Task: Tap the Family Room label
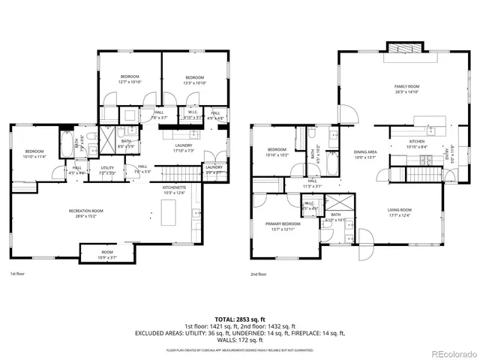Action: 407,87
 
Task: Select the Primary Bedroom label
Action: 282,224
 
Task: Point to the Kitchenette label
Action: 175,189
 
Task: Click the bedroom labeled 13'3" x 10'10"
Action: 194,78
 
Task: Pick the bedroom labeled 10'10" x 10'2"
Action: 277,149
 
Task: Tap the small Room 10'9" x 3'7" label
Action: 107,253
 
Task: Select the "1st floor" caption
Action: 19,274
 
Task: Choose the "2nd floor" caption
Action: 259,274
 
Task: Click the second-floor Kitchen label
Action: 417,141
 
